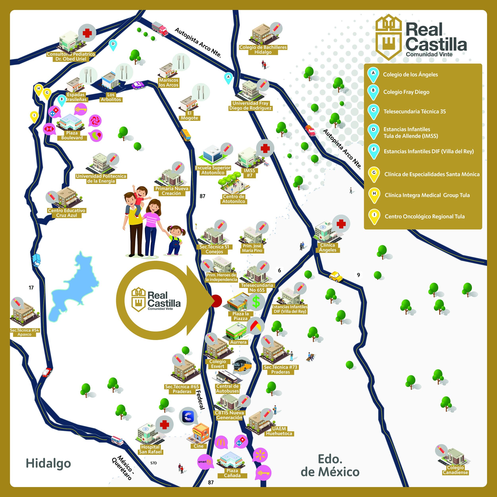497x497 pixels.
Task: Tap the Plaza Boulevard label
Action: pos(72,135)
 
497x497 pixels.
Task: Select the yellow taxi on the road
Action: pos(336,277)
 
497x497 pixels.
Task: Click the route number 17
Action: pos(31,288)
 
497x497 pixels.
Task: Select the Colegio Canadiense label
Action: pos(455,470)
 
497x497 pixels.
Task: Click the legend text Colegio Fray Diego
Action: pos(406,92)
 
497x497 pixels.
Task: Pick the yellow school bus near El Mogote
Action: pos(185,135)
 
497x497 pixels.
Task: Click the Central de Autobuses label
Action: pos(227,388)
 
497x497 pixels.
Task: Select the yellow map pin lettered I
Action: pos(34,116)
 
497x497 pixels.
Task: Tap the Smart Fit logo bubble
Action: pos(205,462)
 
